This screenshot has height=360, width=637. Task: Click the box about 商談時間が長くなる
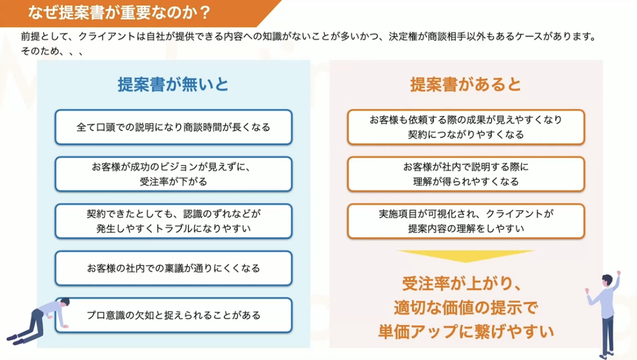pyautogui.click(x=173, y=127)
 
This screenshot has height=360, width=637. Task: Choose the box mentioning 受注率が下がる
pyautogui.click(x=173, y=174)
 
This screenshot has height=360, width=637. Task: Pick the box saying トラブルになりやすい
pyautogui.click(x=173, y=221)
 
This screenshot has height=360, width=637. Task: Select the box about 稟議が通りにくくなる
pyautogui.click(x=173, y=268)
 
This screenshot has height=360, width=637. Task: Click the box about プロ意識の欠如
pyautogui.click(x=173, y=315)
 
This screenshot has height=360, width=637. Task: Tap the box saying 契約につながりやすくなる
pyautogui.click(x=466, y=127)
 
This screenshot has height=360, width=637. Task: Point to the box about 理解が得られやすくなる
pyautogui.click(x=466, y=174)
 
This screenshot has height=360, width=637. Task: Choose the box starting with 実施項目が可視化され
pyautogui.click(x=466, y=221)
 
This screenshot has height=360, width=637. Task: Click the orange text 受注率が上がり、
pyautogui.click(x=466, y=283)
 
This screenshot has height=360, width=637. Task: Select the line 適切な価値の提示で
pyautogui.click(x=466, y=307)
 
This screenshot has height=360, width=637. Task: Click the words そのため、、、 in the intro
pyautogui.click(x=52, y=52)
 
